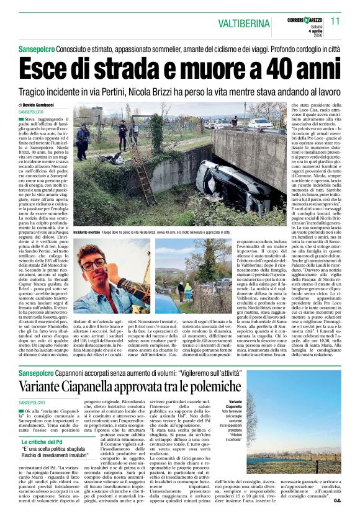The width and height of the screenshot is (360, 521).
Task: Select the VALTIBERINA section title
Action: (x=236, y=22)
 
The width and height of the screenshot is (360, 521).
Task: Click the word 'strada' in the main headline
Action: (x=112, y=67)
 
